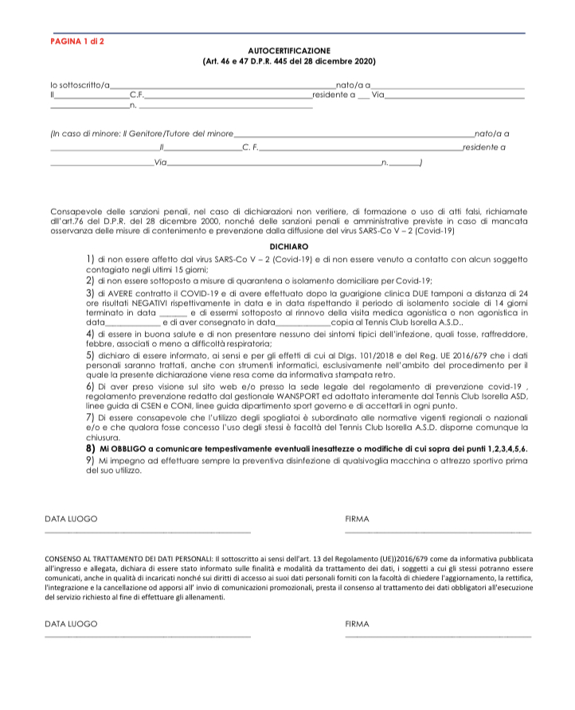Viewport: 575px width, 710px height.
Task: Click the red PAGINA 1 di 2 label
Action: [x=77, y=40]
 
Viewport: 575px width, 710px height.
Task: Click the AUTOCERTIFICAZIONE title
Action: [x=289, y=50]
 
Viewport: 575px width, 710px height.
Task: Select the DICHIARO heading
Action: [x=289, y=247]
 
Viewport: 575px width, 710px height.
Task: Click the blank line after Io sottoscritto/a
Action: [x=223, y=85]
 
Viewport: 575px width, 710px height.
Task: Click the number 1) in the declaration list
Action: [x=90, y=259]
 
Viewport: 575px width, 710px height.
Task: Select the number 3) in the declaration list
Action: [x=90, y=293]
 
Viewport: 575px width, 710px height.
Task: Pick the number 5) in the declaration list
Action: [x=90, y=354]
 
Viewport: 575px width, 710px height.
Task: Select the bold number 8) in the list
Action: [x=90, y=449]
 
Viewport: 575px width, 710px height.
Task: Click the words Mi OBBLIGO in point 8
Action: [x=120, y=449]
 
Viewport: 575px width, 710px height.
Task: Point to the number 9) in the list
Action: [x=90, y=461]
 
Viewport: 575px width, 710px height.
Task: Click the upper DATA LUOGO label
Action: [x=71, y=519]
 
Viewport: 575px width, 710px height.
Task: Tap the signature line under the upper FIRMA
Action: [x=437, y=531]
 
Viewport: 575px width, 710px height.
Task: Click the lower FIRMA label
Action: [x=358, y=624]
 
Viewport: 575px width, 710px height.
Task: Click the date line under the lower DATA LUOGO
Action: [x=147, y=636]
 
